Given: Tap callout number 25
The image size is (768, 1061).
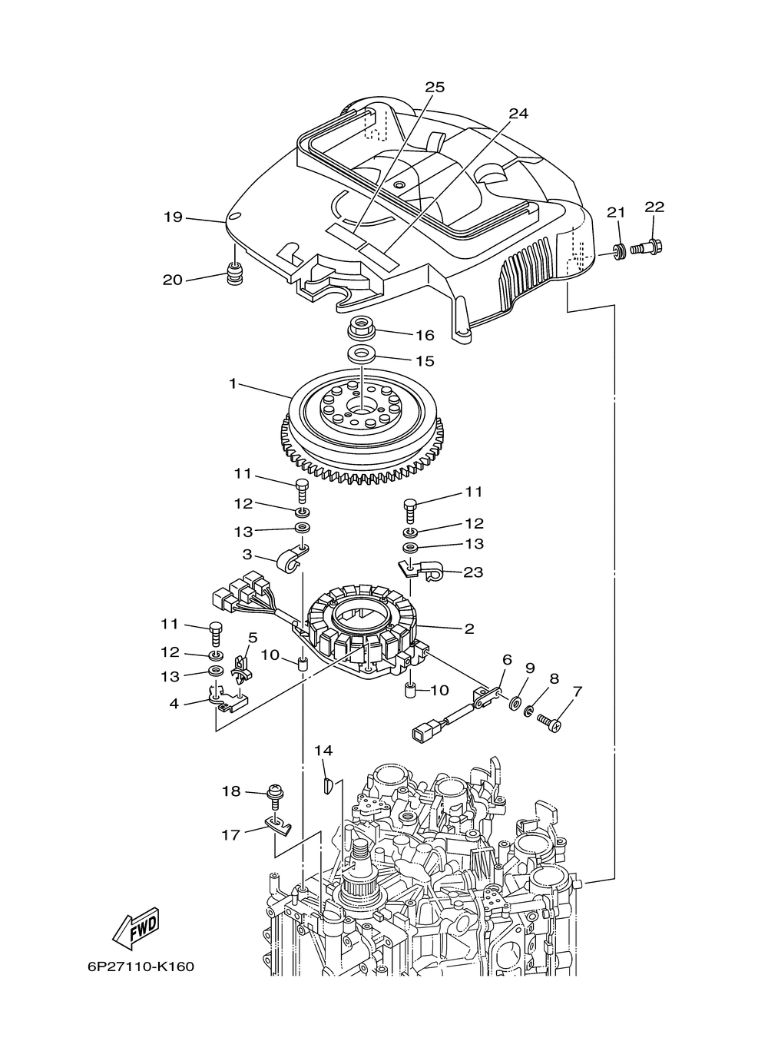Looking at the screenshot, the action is [x=435, y=87].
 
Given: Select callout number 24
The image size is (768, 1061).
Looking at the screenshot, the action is [x=518, y=113].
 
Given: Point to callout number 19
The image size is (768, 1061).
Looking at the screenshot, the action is [x=173, y=217].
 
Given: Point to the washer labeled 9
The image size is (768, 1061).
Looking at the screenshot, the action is [x=515, y=703].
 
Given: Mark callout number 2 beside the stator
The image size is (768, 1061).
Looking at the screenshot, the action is [x=468, y=628].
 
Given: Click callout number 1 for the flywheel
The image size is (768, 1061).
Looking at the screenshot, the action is [x=233, y=383].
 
